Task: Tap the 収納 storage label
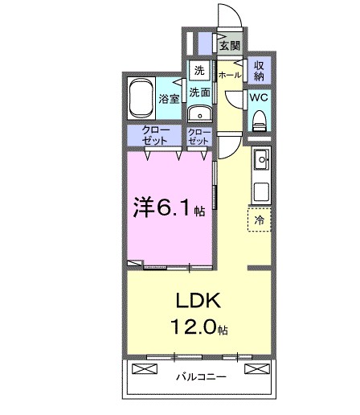259,70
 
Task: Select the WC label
259,97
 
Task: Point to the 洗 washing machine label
200,71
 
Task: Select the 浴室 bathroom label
168,100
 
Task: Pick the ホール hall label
228,74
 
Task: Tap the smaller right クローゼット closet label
198,136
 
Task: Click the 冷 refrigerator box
260,218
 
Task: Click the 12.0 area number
190,327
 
